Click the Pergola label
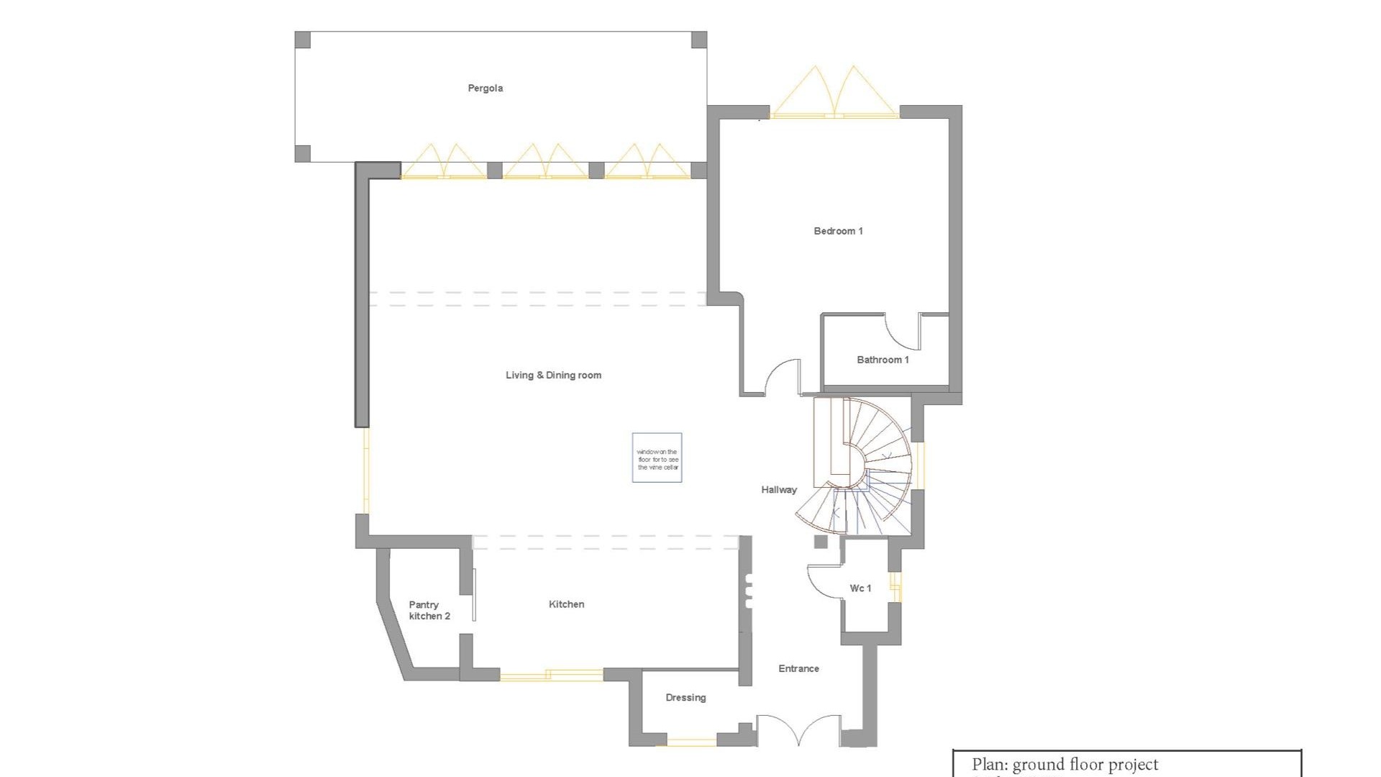[x=485, y=88]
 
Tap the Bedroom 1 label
[x=838, y=231]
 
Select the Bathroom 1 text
[x=883, y=360]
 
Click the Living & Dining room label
[x=553, y=375]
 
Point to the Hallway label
[x=779, y=490]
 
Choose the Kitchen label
[x=566, y=604]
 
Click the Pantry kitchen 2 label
[x=429, y=610]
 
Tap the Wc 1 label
[x=860, y=589]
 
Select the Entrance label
[x=798, y=668]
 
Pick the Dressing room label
[x=685, y=697]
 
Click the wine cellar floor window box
[x=657, y=458]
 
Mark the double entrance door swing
[x=798, y=729]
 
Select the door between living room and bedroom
[x=783, y=378]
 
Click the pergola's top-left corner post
[x=303, y=40]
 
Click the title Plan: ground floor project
[x=1065, y=765]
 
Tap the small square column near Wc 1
[x=821, y=542]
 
